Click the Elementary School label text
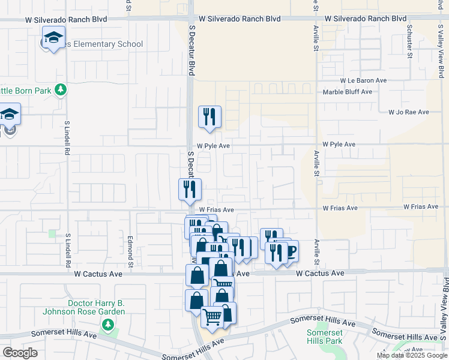(x=105, y=44)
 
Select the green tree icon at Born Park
(x=60, y=89)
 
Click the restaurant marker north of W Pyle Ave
(x=209, y=116)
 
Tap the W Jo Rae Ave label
(x=409, y=112)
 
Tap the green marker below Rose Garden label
(x=108, y=325)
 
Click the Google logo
(x=20, y=353)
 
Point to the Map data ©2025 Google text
(x=412, y=356)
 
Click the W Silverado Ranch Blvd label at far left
(x=66, y=19)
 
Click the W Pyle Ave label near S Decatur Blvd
(x=214, y=146)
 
